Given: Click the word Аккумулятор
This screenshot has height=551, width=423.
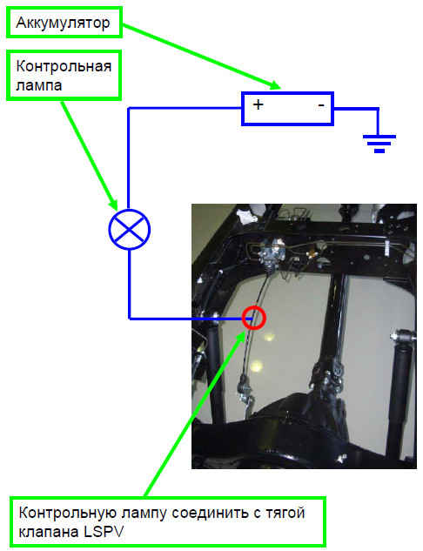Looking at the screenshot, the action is pyautogui.click(x=63, y=24).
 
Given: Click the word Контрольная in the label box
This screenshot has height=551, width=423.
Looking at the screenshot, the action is pyautogui.click(x=64, y=66).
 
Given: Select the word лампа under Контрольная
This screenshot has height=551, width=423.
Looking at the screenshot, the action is pyautogui.click(x=39, y=85).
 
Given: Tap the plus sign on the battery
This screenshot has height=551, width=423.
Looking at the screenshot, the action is pyautogui.click(x=258, y=104).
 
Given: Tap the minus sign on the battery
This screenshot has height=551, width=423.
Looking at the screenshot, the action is pyautogui.click(x=321, y=104).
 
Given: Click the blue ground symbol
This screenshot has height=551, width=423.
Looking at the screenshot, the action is pyautogui.click(x=379, y=144).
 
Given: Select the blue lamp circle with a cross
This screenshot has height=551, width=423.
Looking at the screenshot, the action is pyautogui.click(x=130, y=230).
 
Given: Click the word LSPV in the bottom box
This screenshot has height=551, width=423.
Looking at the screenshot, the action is pyautogui.click(x=104, y=532).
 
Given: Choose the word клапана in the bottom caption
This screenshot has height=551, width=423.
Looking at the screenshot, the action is pyautogui.click(x=49, y=532).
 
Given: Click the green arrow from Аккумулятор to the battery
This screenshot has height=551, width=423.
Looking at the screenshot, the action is pyautogui.click(x=201, y=56).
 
